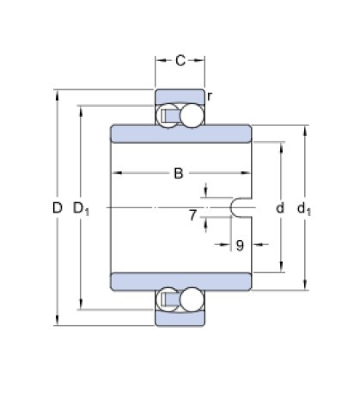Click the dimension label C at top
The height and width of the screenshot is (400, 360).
tap(180, 60)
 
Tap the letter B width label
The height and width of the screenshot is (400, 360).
tap(179, 174)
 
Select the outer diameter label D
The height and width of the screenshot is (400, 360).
tap(57, 207)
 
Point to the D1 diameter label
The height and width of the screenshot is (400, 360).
tap(82, 208)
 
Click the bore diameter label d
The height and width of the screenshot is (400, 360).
tap(279, 208)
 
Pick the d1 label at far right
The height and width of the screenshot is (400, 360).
tap(302, 208)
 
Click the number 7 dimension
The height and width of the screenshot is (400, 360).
tap(192, 214)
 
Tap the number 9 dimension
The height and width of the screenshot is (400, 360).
tap(240, 245)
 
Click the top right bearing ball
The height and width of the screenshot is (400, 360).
tap(193, 116)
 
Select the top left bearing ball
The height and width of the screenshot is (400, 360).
tap(166, 116)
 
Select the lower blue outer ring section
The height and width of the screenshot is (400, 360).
tap(180, 318)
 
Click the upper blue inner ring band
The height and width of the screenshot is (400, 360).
tap(180, 134)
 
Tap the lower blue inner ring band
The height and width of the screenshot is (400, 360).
tap(180, 281)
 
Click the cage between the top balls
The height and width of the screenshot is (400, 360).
tap(179, 116)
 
